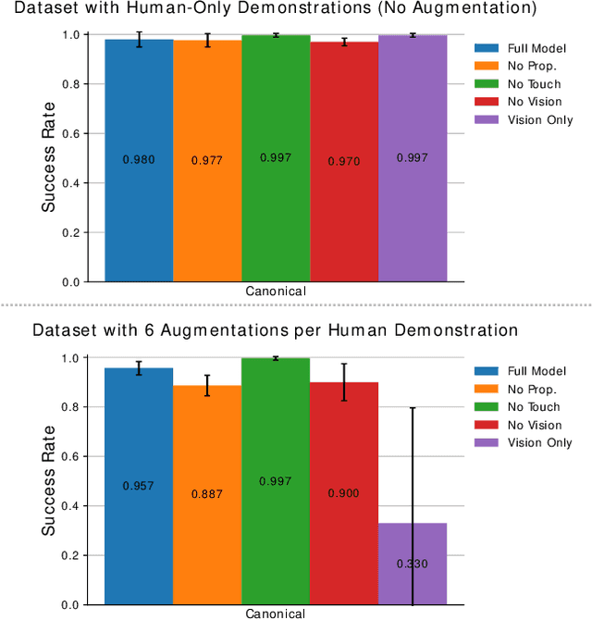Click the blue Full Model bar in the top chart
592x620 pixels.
(x=139, y=213)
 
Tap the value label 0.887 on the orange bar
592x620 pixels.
(x=207, y=494)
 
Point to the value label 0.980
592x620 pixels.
(x=139, y=160)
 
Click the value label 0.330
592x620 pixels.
(x=413, y=564)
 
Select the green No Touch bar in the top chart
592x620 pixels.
(x=276, y=213)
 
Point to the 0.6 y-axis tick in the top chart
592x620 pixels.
(x=69, y=133)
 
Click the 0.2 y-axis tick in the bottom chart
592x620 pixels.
(x=69, y=555)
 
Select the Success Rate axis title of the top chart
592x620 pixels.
(x=50, y=158)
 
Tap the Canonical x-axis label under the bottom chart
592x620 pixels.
(x=276, y=614)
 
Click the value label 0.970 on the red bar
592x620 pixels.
(x=344, y=162)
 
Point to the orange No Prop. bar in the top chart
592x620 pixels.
(x=207, y=213)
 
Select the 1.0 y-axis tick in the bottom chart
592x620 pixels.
(x=69, y=358)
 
